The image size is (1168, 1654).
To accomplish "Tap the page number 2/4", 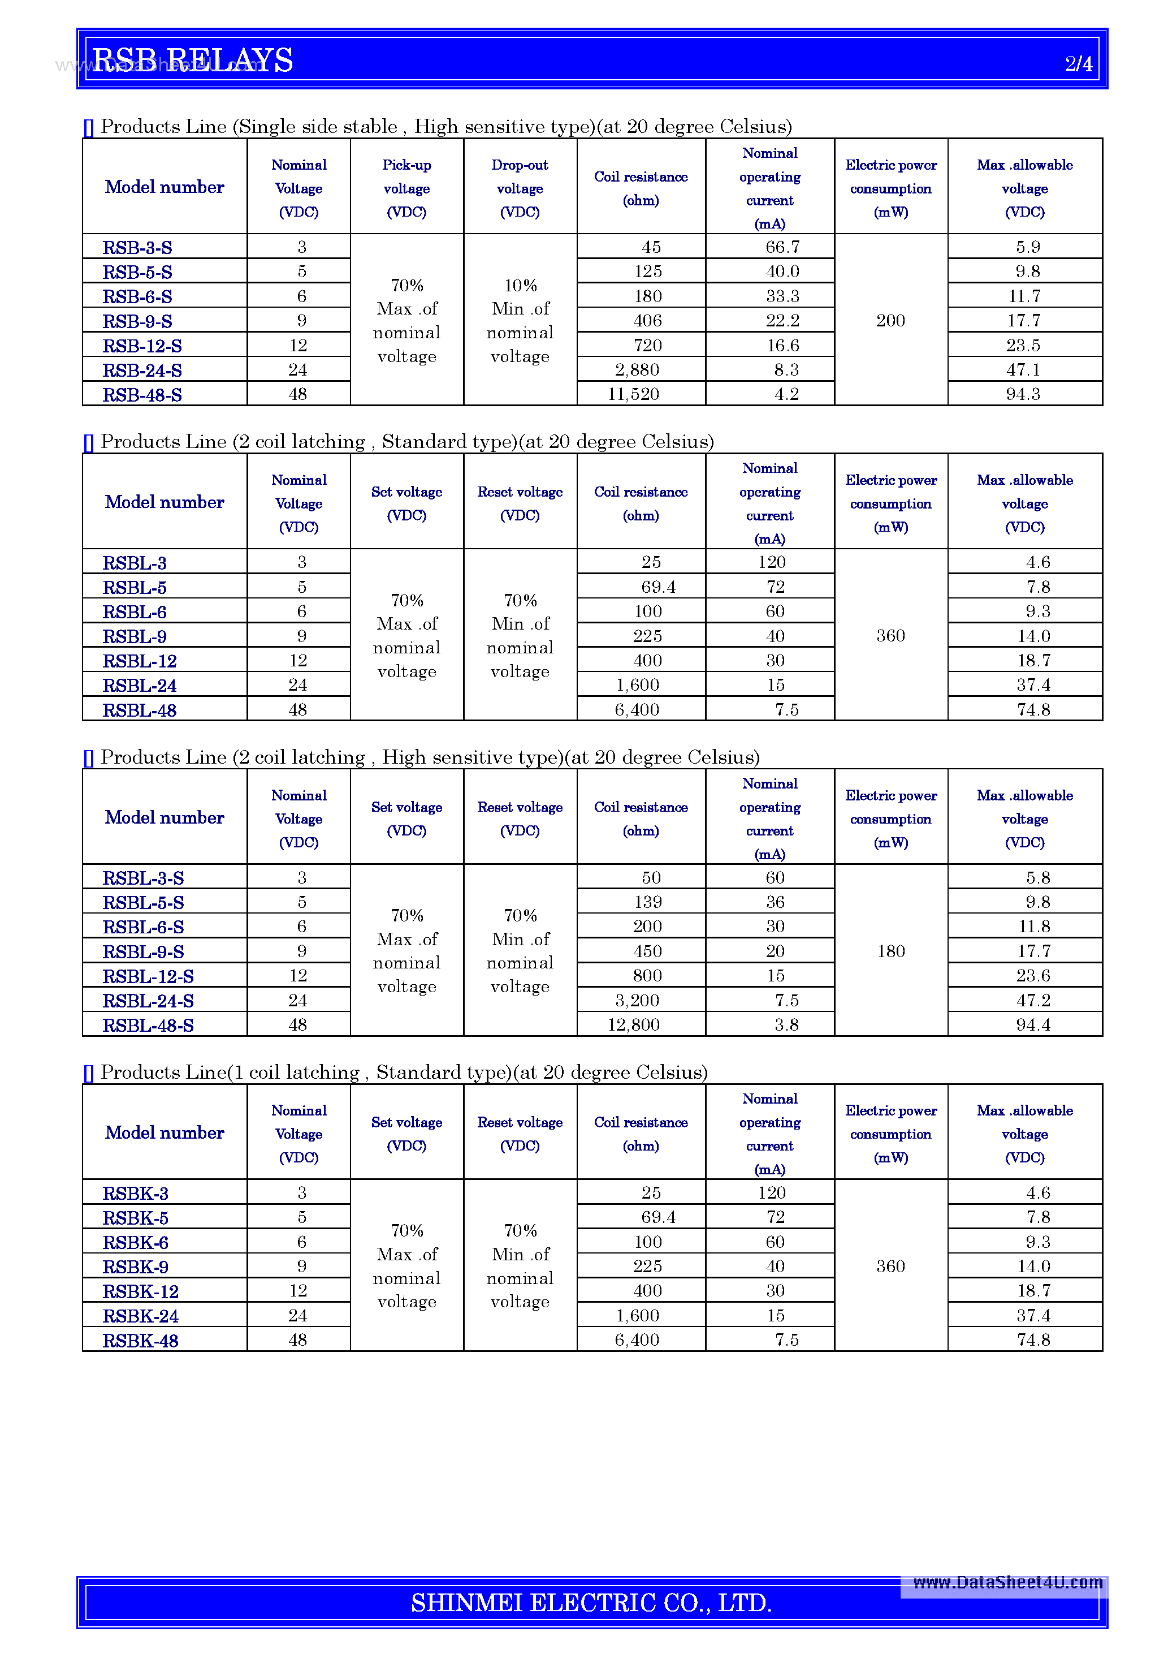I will pos(1078,63).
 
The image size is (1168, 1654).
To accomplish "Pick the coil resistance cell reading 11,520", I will pos(633,394).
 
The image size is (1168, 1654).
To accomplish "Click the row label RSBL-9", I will pos(135,637).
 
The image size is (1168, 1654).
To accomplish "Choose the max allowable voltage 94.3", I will pos(1023,394).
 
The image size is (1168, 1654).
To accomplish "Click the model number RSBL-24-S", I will pos(148,1001).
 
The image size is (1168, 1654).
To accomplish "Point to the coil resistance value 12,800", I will pos(633,1024).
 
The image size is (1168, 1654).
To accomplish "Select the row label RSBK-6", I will pos(135,1243).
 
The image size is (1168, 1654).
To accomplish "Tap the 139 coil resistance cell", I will pos(647,902).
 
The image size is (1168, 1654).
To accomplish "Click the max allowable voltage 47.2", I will pos(1033,1000).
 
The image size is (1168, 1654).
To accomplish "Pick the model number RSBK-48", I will pos(140,1341).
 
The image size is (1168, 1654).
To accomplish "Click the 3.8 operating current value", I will pos(786,1024).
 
